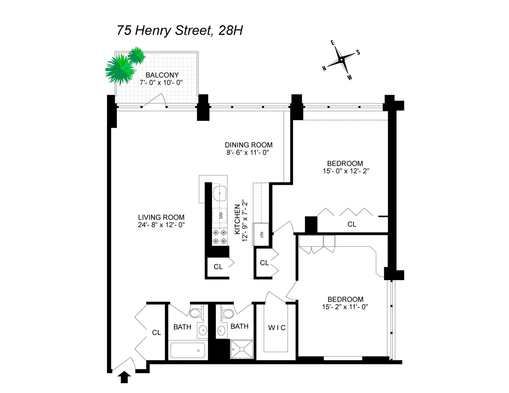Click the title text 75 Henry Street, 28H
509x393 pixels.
tap(179, 31)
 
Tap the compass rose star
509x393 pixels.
tap(341, 60)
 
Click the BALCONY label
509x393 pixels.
tap(162, 75)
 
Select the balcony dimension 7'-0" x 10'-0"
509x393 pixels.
tap(161, 83)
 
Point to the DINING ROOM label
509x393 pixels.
tap(249, 145)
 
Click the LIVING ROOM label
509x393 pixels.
tap(161, 217)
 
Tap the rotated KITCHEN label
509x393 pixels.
tap(237, 219)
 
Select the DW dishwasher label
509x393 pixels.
tap(221, 215)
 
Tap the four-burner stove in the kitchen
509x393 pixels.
tap(219, 237)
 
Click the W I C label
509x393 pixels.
tap(277, 328)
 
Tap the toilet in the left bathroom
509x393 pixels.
tap(195, 313)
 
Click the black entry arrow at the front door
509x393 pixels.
tap(124, 377)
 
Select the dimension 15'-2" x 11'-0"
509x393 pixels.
tap(345, 307)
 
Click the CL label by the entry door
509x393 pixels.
tap(157, 333)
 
